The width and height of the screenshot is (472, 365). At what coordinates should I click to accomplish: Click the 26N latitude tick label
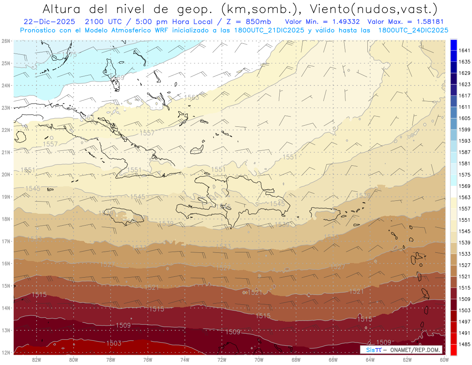pyautogui.click(x=6, y=41)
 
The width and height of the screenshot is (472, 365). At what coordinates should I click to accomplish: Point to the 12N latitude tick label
pyautogui.click(x=6, y=352)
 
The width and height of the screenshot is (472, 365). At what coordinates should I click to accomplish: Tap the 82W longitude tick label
pyautogui.click(x=37, y=359)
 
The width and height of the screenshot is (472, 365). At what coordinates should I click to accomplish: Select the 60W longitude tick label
pyautogui.click(x=444, y=359)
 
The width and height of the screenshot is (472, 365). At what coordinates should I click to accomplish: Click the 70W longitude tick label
pyautogui.click(x=259, y=359)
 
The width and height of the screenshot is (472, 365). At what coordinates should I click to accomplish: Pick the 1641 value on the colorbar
pyautogui.click(x=464, y=50)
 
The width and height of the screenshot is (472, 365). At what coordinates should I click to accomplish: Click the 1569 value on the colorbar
pyautogui.click(x=464, y=186)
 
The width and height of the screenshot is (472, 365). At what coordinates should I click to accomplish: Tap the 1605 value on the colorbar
pyautogui.click(x=464, y=118)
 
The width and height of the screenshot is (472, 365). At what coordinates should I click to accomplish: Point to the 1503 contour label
pyautogui.click(x=114, y=343)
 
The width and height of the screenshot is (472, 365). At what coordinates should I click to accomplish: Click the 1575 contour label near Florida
pyautogui.click(x=69, y=55)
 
